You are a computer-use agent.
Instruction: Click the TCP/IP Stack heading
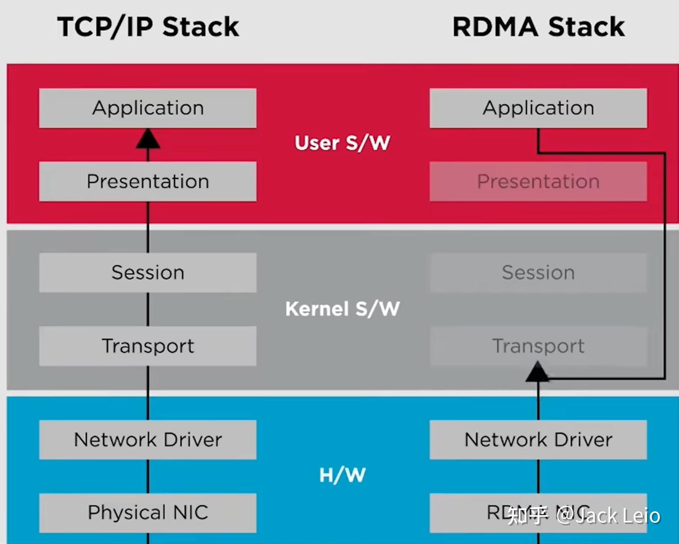coord(148,26)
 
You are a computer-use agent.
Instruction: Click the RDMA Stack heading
coord(538,26)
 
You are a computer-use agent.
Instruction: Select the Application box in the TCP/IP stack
coord(148,108)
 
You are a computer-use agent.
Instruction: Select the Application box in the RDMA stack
coord(538,108)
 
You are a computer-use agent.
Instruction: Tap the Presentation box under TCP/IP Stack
coord(148,182)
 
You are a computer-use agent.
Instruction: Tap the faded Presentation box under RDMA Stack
coord(538,182)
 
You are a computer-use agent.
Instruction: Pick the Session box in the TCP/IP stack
coord(148,273)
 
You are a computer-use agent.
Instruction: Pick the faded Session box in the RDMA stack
coord(538,273)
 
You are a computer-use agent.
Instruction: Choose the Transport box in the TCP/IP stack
coord(148,346)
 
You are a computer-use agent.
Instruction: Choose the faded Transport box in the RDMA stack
coord(538,346)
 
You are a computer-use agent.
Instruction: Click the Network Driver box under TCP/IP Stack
coord(148,440)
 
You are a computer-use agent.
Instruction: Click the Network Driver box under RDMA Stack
coord(538,440)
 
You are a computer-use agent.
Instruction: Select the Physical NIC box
coord(148,513)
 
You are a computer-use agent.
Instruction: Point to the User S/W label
coord(342,143)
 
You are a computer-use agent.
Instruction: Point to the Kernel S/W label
coord(342,309)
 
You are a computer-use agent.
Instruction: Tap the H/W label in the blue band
coord(342,475)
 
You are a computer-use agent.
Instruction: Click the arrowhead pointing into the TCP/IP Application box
coord(148,139)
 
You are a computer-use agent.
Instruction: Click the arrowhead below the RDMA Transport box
coord(538,372)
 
